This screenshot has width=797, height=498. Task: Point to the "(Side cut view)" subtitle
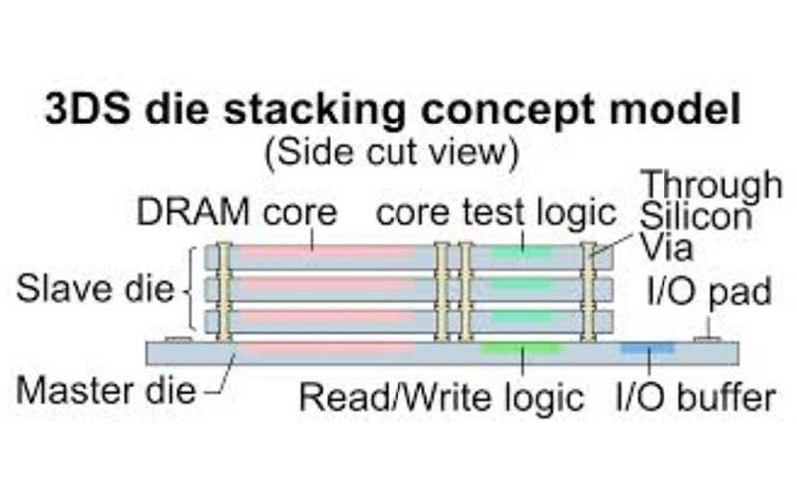pos(391,152)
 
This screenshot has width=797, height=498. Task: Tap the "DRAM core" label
pos(236,212)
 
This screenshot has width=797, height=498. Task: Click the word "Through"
pos(710,185)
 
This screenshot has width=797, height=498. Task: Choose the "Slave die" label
pos(95,292)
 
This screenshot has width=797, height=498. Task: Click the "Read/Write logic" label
pos(441,397)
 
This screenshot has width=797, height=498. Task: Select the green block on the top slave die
pos(521,252)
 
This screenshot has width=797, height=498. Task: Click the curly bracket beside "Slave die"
pos(188,292)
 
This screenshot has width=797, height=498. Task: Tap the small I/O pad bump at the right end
pos(710,338)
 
